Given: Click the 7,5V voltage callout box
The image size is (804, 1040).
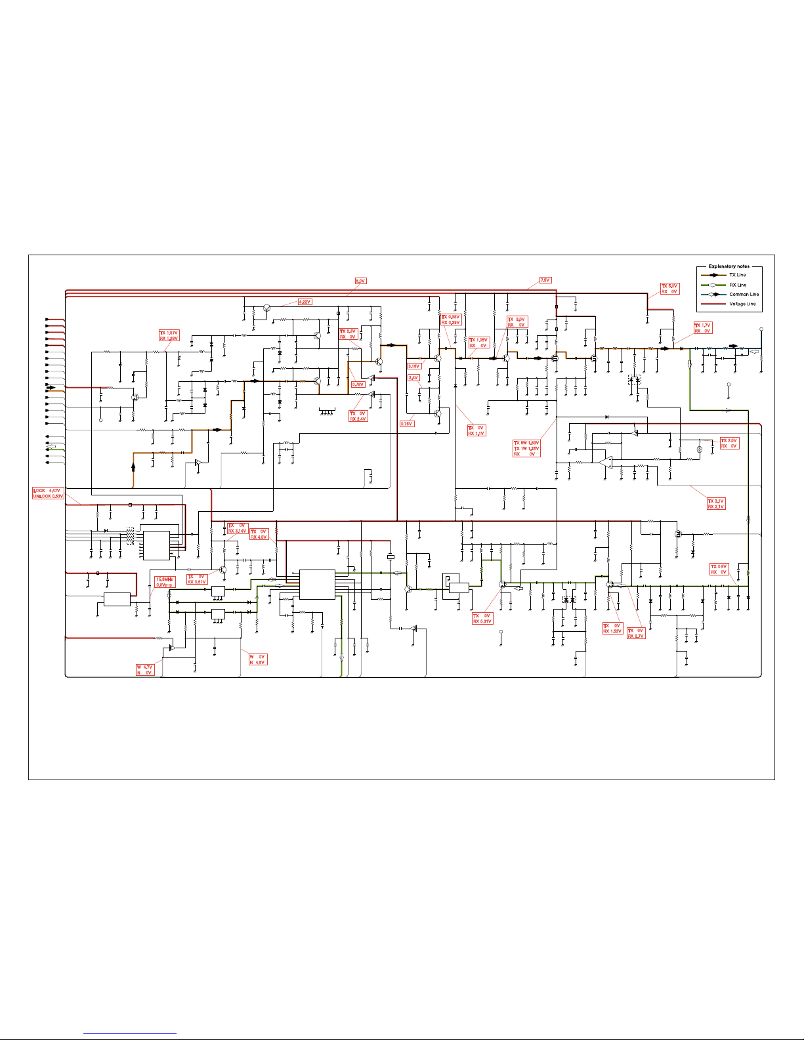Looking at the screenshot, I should tap(545, 280).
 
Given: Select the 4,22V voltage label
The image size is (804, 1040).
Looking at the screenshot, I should tap(305, 302).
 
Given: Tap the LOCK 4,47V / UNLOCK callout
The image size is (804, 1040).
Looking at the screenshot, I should tap(49, 493).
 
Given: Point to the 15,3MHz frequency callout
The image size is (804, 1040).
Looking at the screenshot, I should tap(164, 582).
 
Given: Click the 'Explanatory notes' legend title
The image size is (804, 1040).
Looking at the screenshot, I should tap(729, 266).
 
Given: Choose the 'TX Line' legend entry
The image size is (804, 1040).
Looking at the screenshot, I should tap(738, 275).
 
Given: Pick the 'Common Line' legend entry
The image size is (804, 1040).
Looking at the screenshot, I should tap(744, 294).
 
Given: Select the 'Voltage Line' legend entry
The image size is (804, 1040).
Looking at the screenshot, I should tap(742, 304).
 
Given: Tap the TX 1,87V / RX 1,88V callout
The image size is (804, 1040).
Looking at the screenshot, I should tap(169, 335).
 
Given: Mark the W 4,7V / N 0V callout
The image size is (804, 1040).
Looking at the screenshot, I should tap(144, 670).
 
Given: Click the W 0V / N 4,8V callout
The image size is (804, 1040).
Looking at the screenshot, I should tap(257, 659).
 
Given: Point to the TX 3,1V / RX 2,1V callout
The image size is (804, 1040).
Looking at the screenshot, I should tap(716, 504).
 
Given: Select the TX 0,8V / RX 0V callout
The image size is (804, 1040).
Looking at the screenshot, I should tap(719, 570).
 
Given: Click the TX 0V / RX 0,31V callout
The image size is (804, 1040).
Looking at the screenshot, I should tap(482, 619).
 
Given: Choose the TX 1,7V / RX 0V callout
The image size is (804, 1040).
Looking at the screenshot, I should tap(702, 328).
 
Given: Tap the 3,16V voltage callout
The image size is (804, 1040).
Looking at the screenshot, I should tap(413, 366).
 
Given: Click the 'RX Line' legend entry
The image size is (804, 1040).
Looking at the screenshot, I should tap(738, 285).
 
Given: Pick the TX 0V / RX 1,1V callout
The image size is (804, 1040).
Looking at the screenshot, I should tap(476, 430).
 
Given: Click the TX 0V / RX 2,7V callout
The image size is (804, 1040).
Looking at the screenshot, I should tap(636, 633).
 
